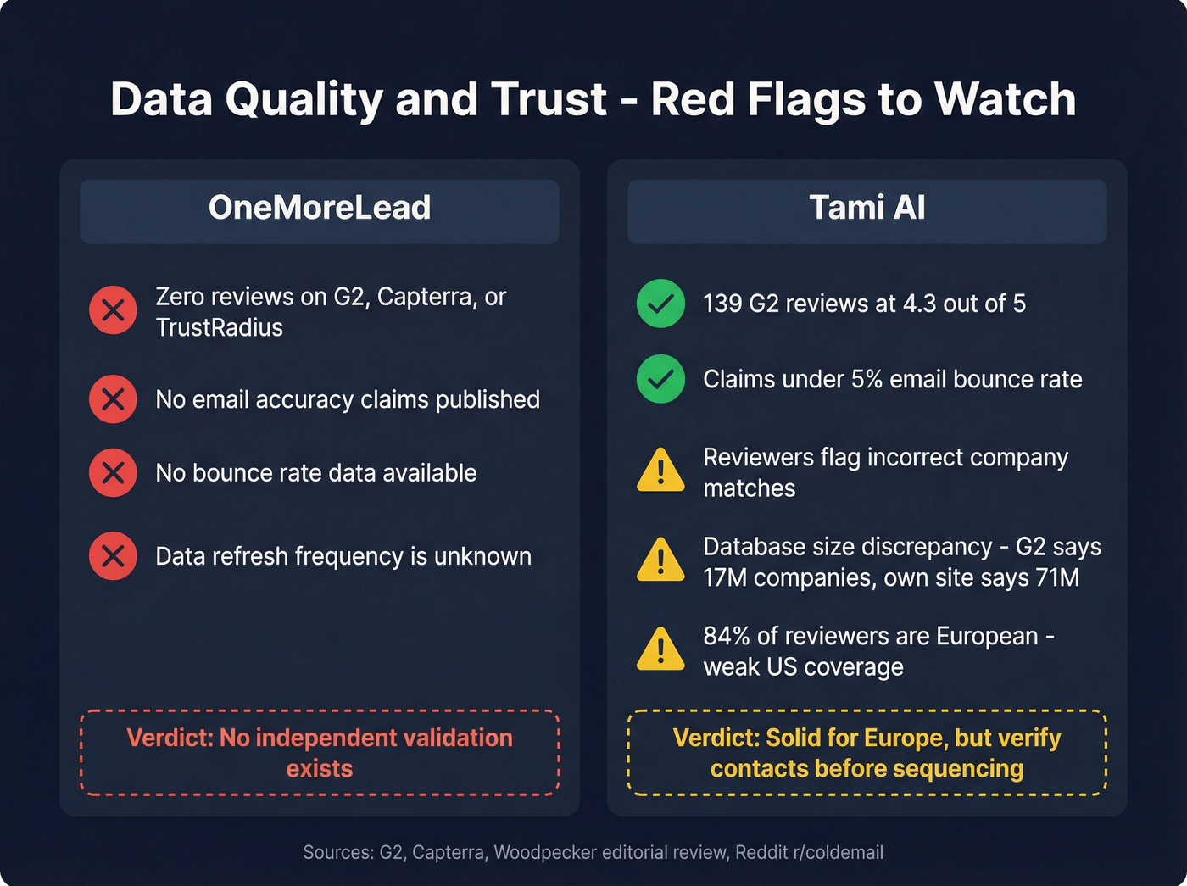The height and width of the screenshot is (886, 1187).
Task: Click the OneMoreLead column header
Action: pos(320,209)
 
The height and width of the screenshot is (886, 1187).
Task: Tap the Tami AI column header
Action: pos(867,209)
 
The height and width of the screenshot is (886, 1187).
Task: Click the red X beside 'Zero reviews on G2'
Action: pos(113,310)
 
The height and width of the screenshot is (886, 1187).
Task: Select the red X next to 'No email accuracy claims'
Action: pos(113,399)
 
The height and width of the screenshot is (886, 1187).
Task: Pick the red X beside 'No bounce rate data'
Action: pos(113,473)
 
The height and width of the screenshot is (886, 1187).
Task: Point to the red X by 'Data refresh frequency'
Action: pos(113,556)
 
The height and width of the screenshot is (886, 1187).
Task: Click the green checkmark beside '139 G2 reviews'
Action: pos(660,304)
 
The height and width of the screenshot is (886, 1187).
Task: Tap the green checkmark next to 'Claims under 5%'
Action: pos(660,379)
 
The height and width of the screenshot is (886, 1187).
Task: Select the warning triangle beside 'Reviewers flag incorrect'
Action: pos(660,471)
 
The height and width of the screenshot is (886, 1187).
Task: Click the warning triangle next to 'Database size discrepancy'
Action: pos(660,560)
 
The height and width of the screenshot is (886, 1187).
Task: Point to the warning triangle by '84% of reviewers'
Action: pos(660,650)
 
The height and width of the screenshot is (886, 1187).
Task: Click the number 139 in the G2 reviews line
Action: pos(722,304)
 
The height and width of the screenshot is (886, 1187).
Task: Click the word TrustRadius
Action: pos(219,328)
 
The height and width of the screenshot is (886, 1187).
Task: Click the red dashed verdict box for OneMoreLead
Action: pos(320,753)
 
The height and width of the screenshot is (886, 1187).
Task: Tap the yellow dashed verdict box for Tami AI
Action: pos(867,753)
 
